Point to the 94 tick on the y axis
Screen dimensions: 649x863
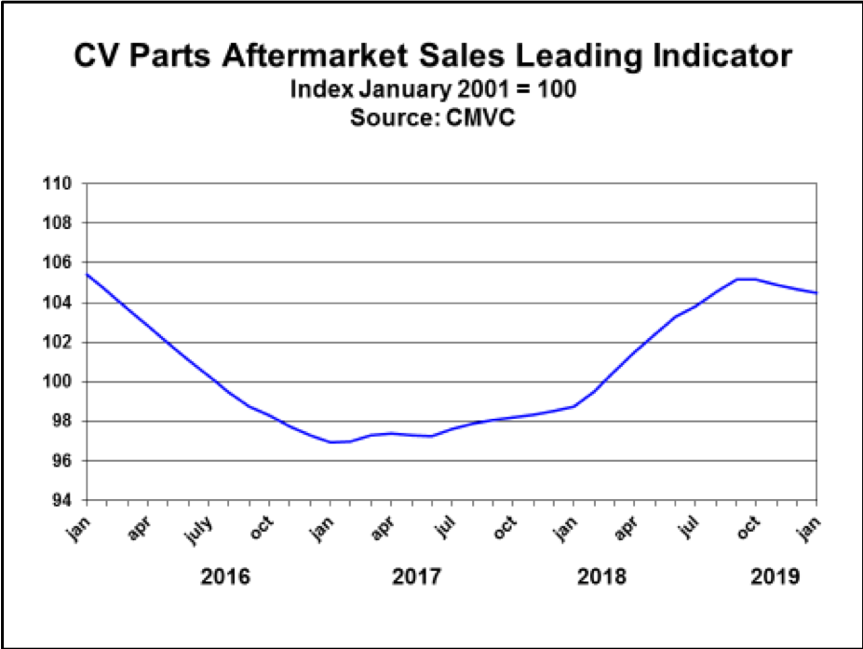point(62,500)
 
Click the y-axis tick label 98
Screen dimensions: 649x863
point(62,421)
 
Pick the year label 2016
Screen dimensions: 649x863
point(225,577)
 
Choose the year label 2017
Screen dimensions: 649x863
point(416,577)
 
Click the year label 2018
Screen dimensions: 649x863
point(601,577)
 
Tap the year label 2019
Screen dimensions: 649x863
point(775,577)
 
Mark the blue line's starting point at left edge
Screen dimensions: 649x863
point(85,274)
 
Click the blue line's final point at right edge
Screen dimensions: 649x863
point(817,293)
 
